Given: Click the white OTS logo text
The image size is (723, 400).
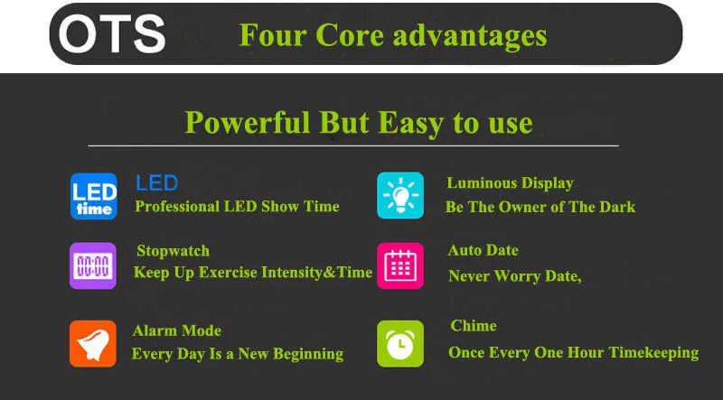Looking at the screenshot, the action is pyautogui.click(x=112, y=33).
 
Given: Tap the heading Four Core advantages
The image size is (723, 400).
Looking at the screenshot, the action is pyautogui.click(x=393, y=36).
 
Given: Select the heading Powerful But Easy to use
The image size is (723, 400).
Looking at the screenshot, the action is pyautogui.click(x=359, y=123).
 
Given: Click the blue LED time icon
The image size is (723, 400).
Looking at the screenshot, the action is pyautogui.click(x=94, y=196).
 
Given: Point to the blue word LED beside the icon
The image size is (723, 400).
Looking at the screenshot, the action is pyautogui.click(x=156, y=183).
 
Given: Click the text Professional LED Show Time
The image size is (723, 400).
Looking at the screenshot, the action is pyautogui.click(x=237, y=207).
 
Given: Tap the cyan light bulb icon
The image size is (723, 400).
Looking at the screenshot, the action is pyautogui.click(x=400, y=195).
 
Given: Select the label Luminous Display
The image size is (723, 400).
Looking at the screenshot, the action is pyautogui.click(x=510, y=183).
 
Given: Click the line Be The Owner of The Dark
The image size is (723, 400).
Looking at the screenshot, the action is pyautogui.click(x=540, y=207).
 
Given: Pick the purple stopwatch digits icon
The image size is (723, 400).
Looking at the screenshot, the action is pyautogui.click(x=93, y=265).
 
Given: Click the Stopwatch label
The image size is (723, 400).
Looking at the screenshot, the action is pyautogui.click(x=173, y=251).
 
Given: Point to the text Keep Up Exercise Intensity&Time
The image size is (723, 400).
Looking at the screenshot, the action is pyautogui.click(x=253, y=273).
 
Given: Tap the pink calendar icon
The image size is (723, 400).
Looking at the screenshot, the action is pyautogui.click(x=400, y=265).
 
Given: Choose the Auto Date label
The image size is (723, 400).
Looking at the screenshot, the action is pyautogui.click(x=484, y=250).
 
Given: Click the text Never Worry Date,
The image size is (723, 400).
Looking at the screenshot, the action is pyautogui.click(x=515, y=276).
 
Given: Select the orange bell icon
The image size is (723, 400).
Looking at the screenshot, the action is pyautogui.click(x=93, y=344).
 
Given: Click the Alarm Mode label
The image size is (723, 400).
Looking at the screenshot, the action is pyautogui.click(x=176, y=330).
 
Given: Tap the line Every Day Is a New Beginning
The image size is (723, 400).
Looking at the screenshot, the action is pyautogui.click(x=238, y=354).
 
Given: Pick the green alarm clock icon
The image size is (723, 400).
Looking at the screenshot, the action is pyautogui.click(x=400, y=344).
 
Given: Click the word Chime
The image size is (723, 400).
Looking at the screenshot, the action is pyautogui.click(x=474, y=326).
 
